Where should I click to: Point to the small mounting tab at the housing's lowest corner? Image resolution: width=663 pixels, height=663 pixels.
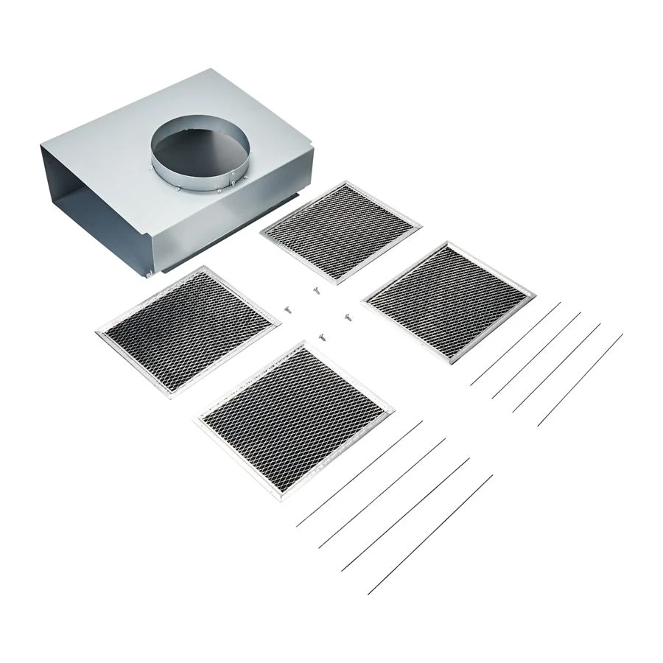tap(150, 275)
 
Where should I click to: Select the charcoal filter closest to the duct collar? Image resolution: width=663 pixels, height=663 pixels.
tap(340, 228)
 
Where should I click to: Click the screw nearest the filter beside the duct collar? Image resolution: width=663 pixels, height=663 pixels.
tap(315, 290)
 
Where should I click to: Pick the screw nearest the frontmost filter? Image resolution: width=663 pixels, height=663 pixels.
tap(322, 335)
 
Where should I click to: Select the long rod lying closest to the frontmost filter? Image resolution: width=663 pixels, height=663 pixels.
tap(359, 474)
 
